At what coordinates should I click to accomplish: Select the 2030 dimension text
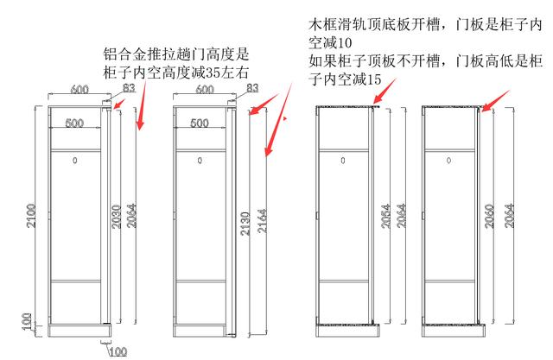(118, 216)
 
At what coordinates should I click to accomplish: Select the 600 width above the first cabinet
(79, 89)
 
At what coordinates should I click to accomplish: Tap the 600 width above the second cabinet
(205, 89)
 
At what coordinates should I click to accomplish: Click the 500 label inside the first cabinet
(74, 123)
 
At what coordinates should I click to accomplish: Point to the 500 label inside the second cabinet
(200, 123)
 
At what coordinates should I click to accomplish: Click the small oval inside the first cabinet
(74, 161)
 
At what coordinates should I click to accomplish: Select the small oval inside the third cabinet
(343, 161)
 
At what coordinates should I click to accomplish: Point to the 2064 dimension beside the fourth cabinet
(509, 214)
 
